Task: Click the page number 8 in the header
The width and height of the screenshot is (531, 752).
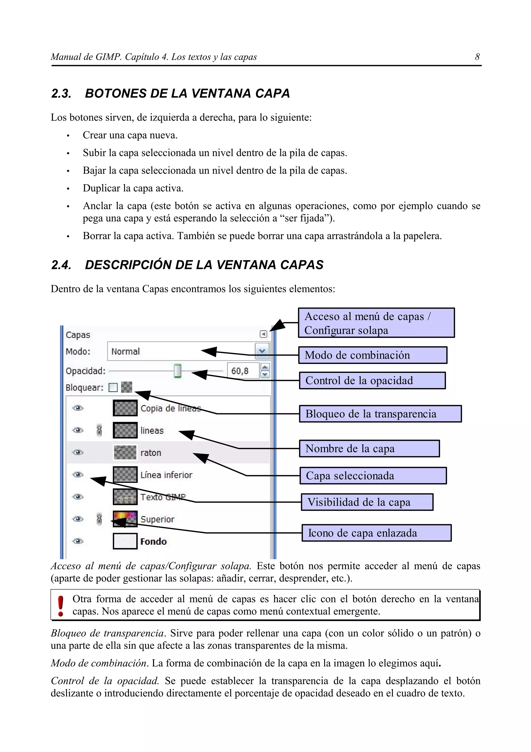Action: (x=477, y=57)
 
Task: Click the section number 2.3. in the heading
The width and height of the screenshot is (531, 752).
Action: (x=61, y=94)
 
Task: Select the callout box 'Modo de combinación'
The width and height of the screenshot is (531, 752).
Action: (x=373, y=355)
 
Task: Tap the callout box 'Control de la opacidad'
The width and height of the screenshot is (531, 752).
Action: (x=372, y=381)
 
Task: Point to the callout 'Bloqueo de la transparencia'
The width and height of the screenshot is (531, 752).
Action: (x=380, y=414)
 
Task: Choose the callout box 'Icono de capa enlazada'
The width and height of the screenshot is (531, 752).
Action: (x=376, y=533)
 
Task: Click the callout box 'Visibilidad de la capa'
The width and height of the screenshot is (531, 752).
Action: (x=367, y=502)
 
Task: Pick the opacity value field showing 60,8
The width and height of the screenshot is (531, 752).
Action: (x=243, y=371)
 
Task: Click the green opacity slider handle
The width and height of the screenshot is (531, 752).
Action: (x=177, y=371)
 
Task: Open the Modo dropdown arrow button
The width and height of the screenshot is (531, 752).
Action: (x=262, y=351)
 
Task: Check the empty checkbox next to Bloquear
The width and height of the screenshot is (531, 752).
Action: (x=113, y=388)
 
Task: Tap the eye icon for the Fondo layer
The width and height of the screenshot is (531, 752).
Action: (x=78, y=541)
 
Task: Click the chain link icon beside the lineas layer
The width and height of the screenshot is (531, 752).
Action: (x=100, y=430)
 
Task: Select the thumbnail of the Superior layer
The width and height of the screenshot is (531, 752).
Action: (x=125, y=519)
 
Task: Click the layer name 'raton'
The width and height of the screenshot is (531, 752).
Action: (x=151, y=453)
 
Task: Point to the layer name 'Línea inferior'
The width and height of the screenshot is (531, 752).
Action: (x=166, y=475)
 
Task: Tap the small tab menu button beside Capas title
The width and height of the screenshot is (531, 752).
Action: (x=263, y=334)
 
